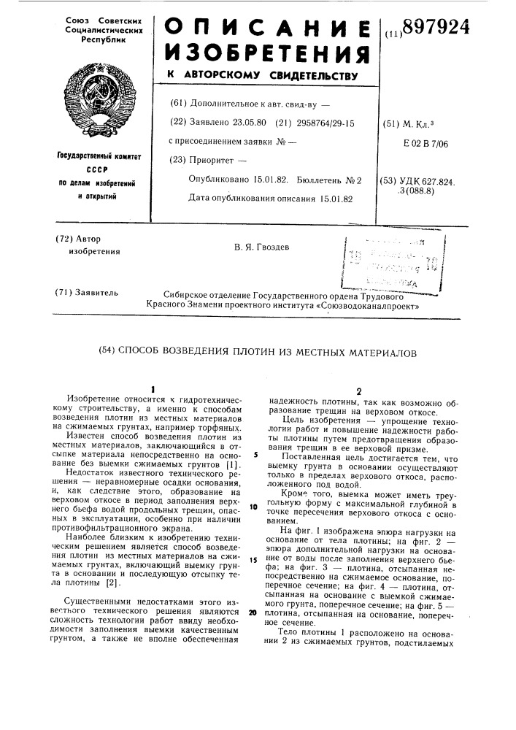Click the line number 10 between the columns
tap(252, 506)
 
